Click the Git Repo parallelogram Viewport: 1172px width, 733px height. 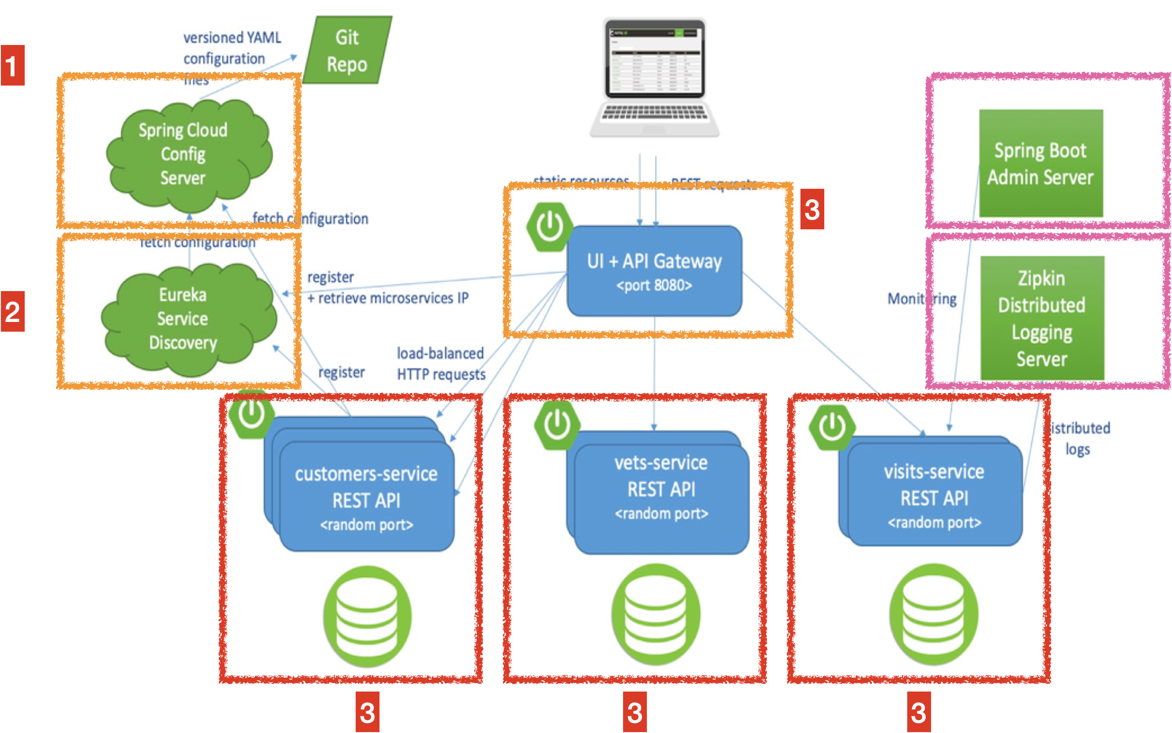(x=347, y=50)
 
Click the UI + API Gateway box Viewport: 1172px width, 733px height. (x=654, y=272)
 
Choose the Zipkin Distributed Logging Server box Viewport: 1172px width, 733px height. (x=1041, y=318)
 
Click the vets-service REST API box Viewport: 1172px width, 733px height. (x=661, y=490)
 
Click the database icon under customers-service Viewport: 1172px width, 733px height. (x=367, y=616)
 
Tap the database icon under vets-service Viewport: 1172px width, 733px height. (x=655, y=615)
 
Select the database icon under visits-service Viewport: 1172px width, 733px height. (x=933, y=614)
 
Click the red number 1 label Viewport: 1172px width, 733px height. (x=13, y=65)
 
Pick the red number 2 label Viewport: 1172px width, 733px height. (x=13, y=311)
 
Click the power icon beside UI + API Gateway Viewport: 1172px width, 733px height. (x=549, y=227)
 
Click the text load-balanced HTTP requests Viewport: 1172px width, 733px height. (x=440, y=363)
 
